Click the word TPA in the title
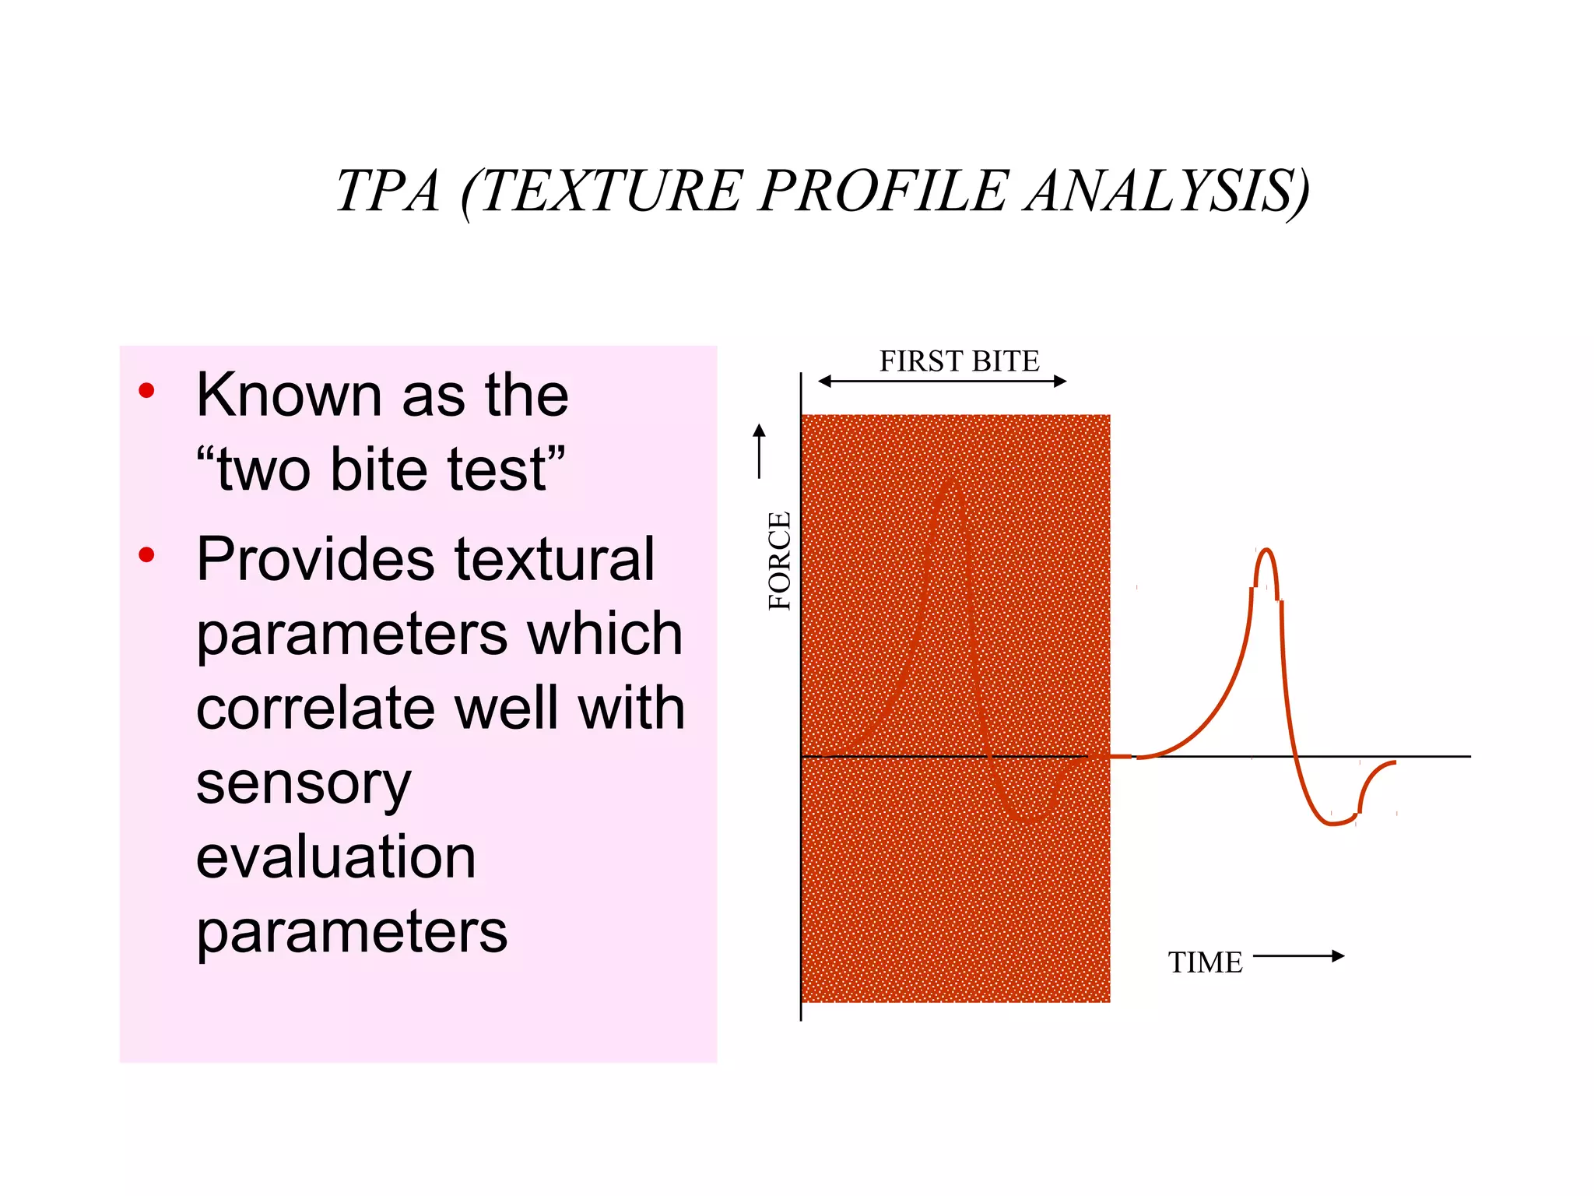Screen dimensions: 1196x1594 click(x=388, y=192)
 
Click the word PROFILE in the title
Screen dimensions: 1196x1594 click(x=883, y=192)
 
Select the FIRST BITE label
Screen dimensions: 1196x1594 click(x=959, y=361)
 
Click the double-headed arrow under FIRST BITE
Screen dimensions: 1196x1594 click(x=942, y=382)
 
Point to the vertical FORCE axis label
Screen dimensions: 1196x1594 click(x=779, y=561)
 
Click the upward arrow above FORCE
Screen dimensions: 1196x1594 click(x=760, y=450)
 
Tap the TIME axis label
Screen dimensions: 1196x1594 click(x=1205, y=963)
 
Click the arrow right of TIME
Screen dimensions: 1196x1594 click(x=1298, y=956)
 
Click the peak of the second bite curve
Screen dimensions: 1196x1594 click(x=1266, y=551)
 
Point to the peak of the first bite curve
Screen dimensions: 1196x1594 click(x=951, y=483)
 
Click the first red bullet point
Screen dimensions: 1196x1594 click(x=146, y=391)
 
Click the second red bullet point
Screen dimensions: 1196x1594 click(x=146, y=555)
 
